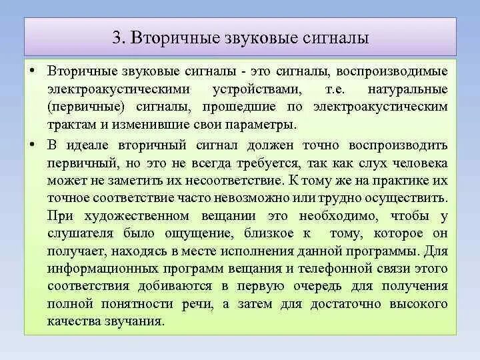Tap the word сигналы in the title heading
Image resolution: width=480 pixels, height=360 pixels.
[x=339, y=37]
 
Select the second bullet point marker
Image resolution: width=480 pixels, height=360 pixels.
[x=32, y=145]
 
